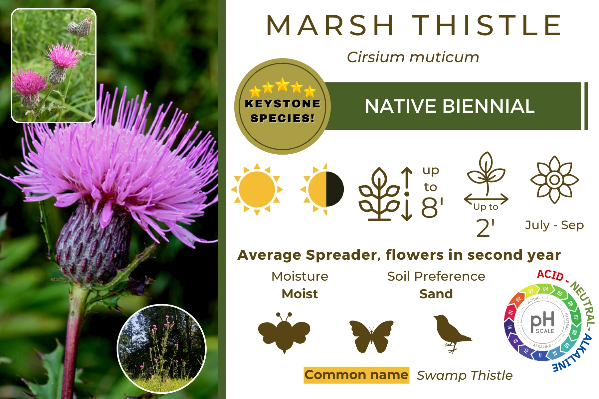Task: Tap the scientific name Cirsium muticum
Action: (x=413, y=57)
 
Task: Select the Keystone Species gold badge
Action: (x=283, y=106)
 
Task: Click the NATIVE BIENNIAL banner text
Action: (x=450, y=106)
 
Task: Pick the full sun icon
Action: (x=257, y=190)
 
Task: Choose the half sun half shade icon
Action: (x=322, y=190)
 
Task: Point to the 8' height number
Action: (x=432, y=207)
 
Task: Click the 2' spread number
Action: (x=485, y=228)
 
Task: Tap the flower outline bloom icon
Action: (x=554, y=180)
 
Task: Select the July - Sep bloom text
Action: (x=554, y=225)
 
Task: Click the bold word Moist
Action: (x=300, y=294)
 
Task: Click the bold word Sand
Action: (x=436, y=294)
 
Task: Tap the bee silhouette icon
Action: (x=284, y=332)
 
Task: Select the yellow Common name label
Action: (x=356, y=375)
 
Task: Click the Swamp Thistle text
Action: (x=465, y=375)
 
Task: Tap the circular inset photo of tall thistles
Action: (x=162, y=349)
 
